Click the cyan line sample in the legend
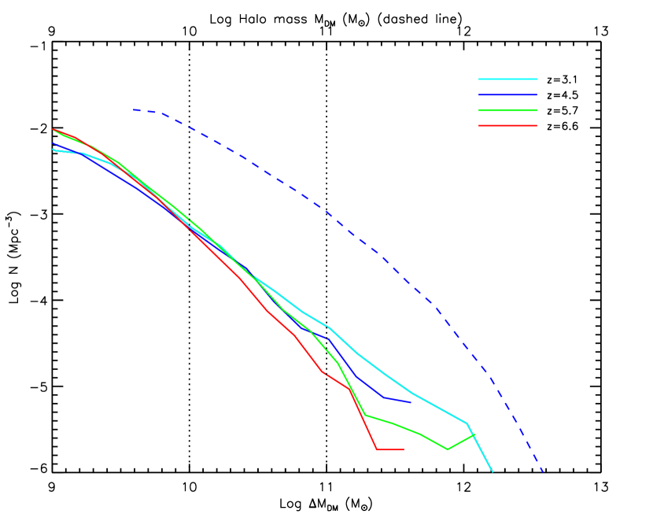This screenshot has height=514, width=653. tap(507, 79)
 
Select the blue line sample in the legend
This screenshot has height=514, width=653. tap(507, 94)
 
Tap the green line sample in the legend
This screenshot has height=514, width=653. tap(507, 110)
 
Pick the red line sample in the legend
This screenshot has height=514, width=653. tap(507, 125)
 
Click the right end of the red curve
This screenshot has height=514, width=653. tap(404, 449)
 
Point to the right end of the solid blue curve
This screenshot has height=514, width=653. tap(411, 402)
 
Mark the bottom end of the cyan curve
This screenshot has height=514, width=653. tap(493, 471)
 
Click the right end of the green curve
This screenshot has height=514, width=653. tap(474, 434)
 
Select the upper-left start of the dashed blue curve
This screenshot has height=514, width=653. tap(134, 109)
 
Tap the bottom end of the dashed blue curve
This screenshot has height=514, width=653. tap(543, 472)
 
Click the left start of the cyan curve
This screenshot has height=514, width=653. tap(53, 150)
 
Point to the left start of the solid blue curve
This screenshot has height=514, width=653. tap(53, 144)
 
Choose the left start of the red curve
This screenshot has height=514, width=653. tap(53, 129)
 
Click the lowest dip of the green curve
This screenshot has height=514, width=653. tap(447, 449)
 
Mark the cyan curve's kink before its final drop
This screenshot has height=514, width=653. tap(467, 423)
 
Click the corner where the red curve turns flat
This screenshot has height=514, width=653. tap(378, 449)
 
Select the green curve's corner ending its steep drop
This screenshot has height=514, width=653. tap(365, 415)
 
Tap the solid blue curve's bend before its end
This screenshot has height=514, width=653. tap(384, 398)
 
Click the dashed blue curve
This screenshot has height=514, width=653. tap(315, 204)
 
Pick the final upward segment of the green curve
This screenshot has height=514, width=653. tap(461, 442)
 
